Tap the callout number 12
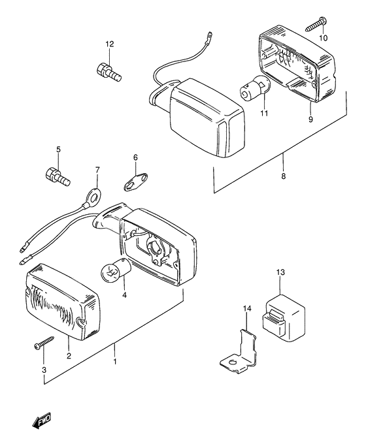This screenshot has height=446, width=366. (x=110, y=44)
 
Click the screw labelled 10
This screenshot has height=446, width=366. (x=316, y=24)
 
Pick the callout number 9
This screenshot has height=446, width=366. (x=310, y=119)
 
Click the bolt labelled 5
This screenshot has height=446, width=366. (x=58, y=176)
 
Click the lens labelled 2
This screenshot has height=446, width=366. (x=63, y=302)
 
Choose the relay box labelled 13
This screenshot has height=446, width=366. (x=283, y=317)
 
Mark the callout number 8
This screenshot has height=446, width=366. (x=283, y=176)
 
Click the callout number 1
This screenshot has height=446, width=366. (x=115, y=362)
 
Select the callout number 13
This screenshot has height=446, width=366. (x=280, y=272)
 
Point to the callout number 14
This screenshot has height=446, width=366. (x=247, y=309)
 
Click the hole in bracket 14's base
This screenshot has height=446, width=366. (x=233, y=362)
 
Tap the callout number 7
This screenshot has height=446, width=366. (x=97, y=170)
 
